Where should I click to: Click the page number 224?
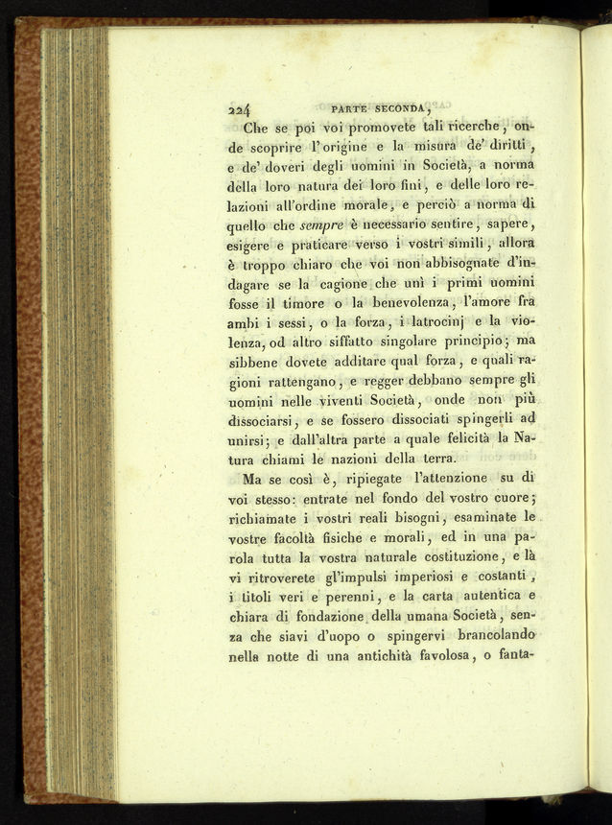click(x=239, y=109)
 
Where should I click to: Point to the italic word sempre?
click(x=318, y=225)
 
